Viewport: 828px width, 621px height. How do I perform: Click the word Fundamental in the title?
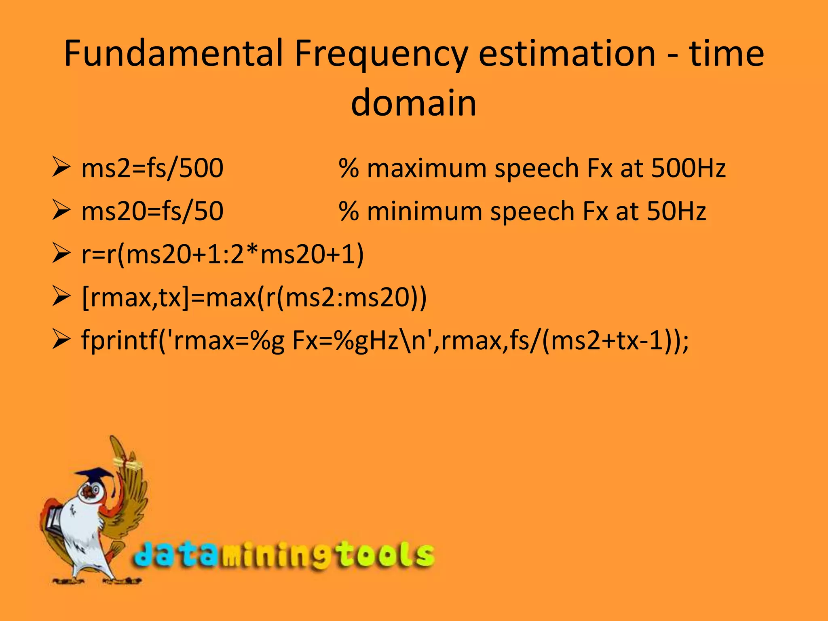click(x=173, y=53)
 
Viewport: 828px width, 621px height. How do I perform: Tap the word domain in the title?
click(x=414, y=103)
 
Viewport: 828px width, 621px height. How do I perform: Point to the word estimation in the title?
click(x=567, y=53)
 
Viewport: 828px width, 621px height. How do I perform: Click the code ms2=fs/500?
click(x=152, y=168)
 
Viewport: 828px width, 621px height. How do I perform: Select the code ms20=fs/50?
click(x=152, y=211)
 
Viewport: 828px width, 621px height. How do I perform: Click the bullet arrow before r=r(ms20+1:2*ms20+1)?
click(x=61, y=254)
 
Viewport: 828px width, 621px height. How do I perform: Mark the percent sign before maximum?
click(x=349, y=168)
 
